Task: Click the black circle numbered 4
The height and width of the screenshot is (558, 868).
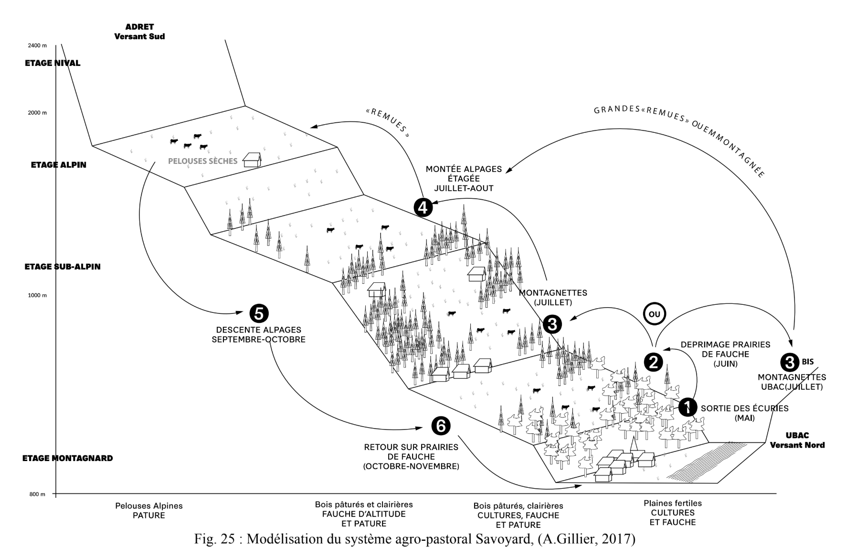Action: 423,207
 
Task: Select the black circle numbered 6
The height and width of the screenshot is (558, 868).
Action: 440,426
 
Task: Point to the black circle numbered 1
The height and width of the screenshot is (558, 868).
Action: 688,407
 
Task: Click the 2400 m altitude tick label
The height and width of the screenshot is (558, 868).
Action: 37,46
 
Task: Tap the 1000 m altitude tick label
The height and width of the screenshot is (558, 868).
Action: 37,295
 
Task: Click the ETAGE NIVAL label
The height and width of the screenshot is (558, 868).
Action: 53,63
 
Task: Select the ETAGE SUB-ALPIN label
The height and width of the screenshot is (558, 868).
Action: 63,267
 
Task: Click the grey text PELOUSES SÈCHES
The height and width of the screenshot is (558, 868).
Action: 202,161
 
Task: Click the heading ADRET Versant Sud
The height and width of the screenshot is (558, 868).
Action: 139,32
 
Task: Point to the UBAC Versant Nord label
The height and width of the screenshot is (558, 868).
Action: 797,440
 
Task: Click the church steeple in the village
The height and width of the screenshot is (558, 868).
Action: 635,444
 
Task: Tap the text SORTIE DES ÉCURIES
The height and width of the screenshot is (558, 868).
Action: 744,408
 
